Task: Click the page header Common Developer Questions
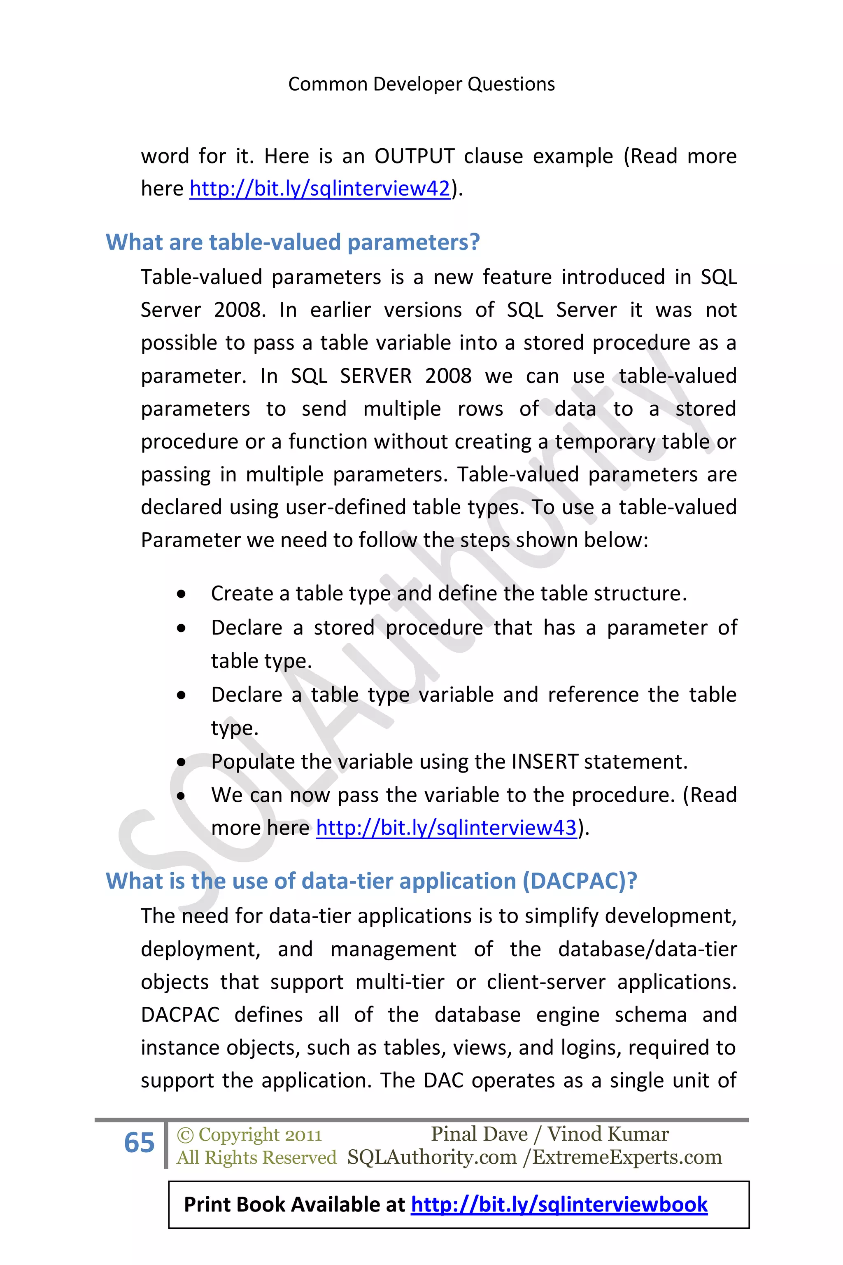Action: (x=421, y=84)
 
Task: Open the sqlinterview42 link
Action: (x=319, y=189)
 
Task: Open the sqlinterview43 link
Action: (x=446, y=828)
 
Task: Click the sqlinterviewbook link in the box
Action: (x=559, y=1205)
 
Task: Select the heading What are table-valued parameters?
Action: (x=293, y=243)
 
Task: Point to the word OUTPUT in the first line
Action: (x=415, y=156)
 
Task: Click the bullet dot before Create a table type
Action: (x=182, y=594)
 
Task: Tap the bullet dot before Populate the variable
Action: (x=182, y=762)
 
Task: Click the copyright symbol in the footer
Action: (x=185, y=1135)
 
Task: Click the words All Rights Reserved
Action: (x=256, y=1158)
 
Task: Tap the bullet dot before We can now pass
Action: (x=182, y=796)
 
